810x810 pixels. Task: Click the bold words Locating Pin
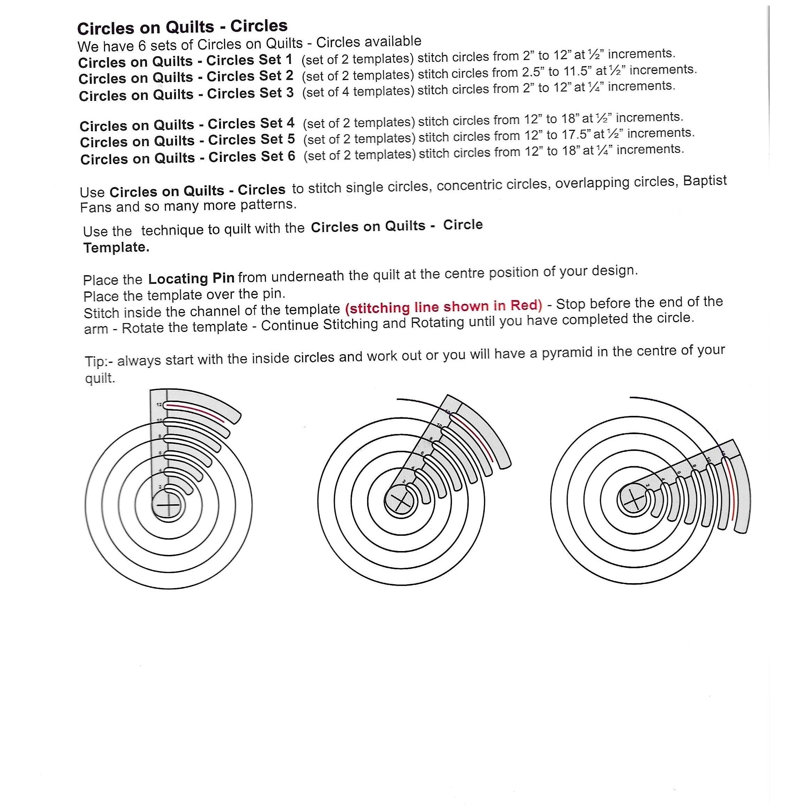click(192, 278)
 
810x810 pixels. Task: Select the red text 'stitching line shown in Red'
click(444, 306)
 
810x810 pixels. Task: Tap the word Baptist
click(705, 181)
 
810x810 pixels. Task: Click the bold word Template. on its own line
click(116, 247)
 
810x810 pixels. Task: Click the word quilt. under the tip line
click(100, 378)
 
